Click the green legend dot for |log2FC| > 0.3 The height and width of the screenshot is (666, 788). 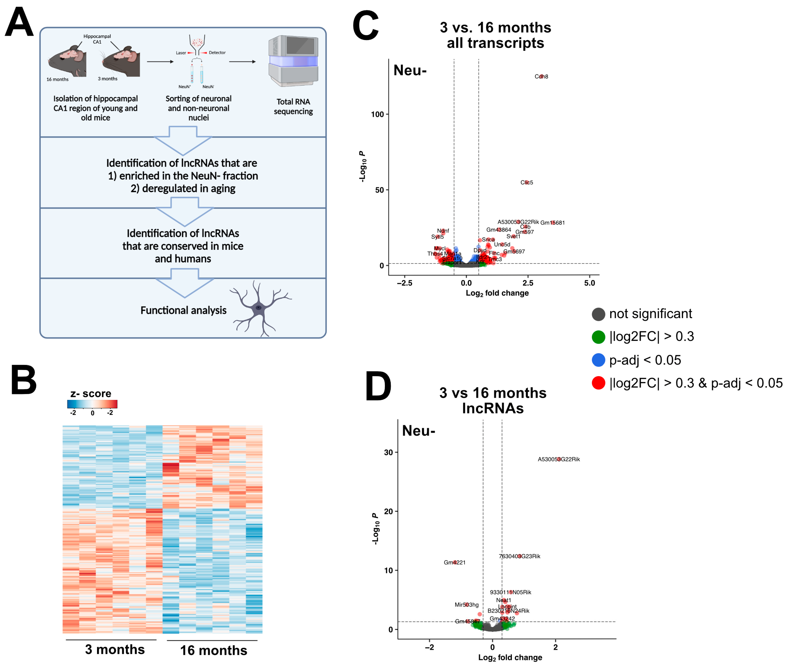coord(598,337)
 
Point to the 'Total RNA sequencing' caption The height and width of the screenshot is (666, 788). coord(293,106)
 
